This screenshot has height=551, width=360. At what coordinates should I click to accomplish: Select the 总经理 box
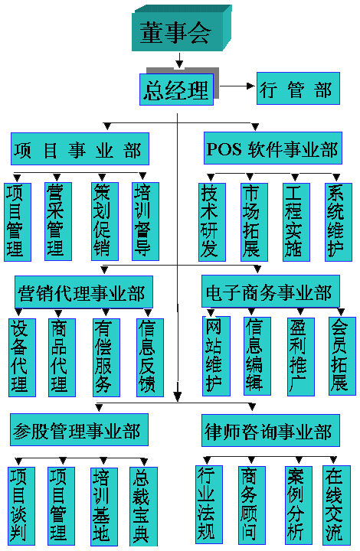[x=176, y=90]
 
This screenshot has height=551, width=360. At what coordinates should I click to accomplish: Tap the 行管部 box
[x=298, y=88]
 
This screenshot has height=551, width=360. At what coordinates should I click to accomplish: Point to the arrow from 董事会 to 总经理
[x=179, y=60]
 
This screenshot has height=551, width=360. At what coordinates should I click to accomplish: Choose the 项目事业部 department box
[x=80, y=148]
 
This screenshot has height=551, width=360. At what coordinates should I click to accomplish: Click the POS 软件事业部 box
[x=273, y=148]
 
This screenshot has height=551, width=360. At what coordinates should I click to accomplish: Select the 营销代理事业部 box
[x=83, y=292]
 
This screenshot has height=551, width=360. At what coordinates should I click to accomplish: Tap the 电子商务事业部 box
[x=270, y=291]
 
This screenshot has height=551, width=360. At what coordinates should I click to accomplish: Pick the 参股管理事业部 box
[x=79, y=429]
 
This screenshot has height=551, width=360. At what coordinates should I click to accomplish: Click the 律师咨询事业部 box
[x=270, y=430]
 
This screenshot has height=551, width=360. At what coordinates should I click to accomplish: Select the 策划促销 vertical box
[x=105, y=221]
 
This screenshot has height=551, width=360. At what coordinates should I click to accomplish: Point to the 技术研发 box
[x=212, y=222]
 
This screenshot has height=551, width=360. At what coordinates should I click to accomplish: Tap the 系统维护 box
[x=339, y=222]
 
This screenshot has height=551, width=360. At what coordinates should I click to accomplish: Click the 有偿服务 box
[x=106, y=357]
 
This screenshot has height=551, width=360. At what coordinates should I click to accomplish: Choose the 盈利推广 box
[x=300, y=357]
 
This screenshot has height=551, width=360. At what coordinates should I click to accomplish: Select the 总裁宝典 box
[x=143, y=507]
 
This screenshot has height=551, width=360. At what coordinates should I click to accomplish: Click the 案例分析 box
[x=299, y=505]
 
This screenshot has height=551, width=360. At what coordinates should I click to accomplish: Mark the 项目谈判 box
[x=21, y=506]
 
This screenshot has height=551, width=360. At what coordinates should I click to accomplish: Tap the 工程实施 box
[x=296, y=222]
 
